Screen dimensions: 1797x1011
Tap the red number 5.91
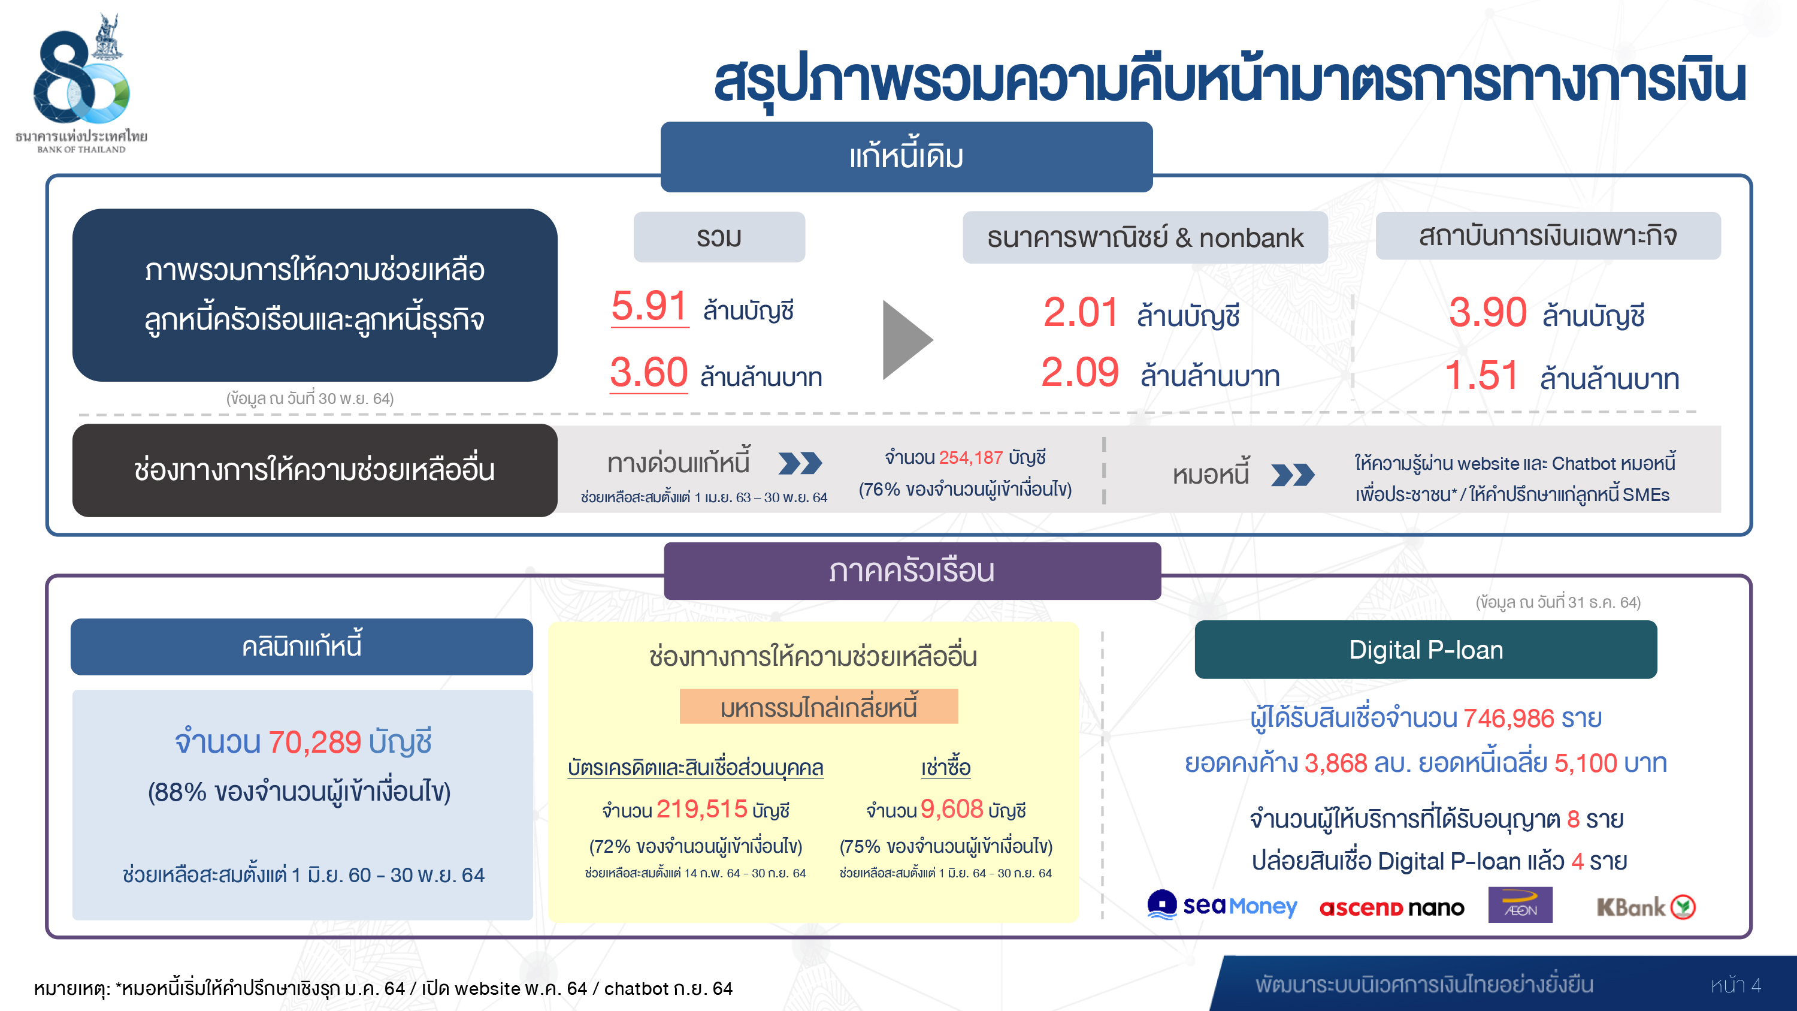point(649,306)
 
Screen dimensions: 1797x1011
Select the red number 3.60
point(649,372)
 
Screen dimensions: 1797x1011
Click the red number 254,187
point(970,458)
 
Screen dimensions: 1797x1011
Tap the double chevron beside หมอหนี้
point(1293,475)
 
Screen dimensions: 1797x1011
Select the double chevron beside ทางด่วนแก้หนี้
point(800,463)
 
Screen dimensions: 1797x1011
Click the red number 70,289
point(314,742)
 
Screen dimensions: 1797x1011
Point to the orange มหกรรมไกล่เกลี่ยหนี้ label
point(818,707)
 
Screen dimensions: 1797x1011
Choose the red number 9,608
point(952,810)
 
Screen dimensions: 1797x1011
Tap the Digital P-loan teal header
point(1425,650)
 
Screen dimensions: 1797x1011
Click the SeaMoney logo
point(1222,905)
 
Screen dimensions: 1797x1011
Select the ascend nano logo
point(1391,908)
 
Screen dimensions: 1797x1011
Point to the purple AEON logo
point(1520,905)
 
